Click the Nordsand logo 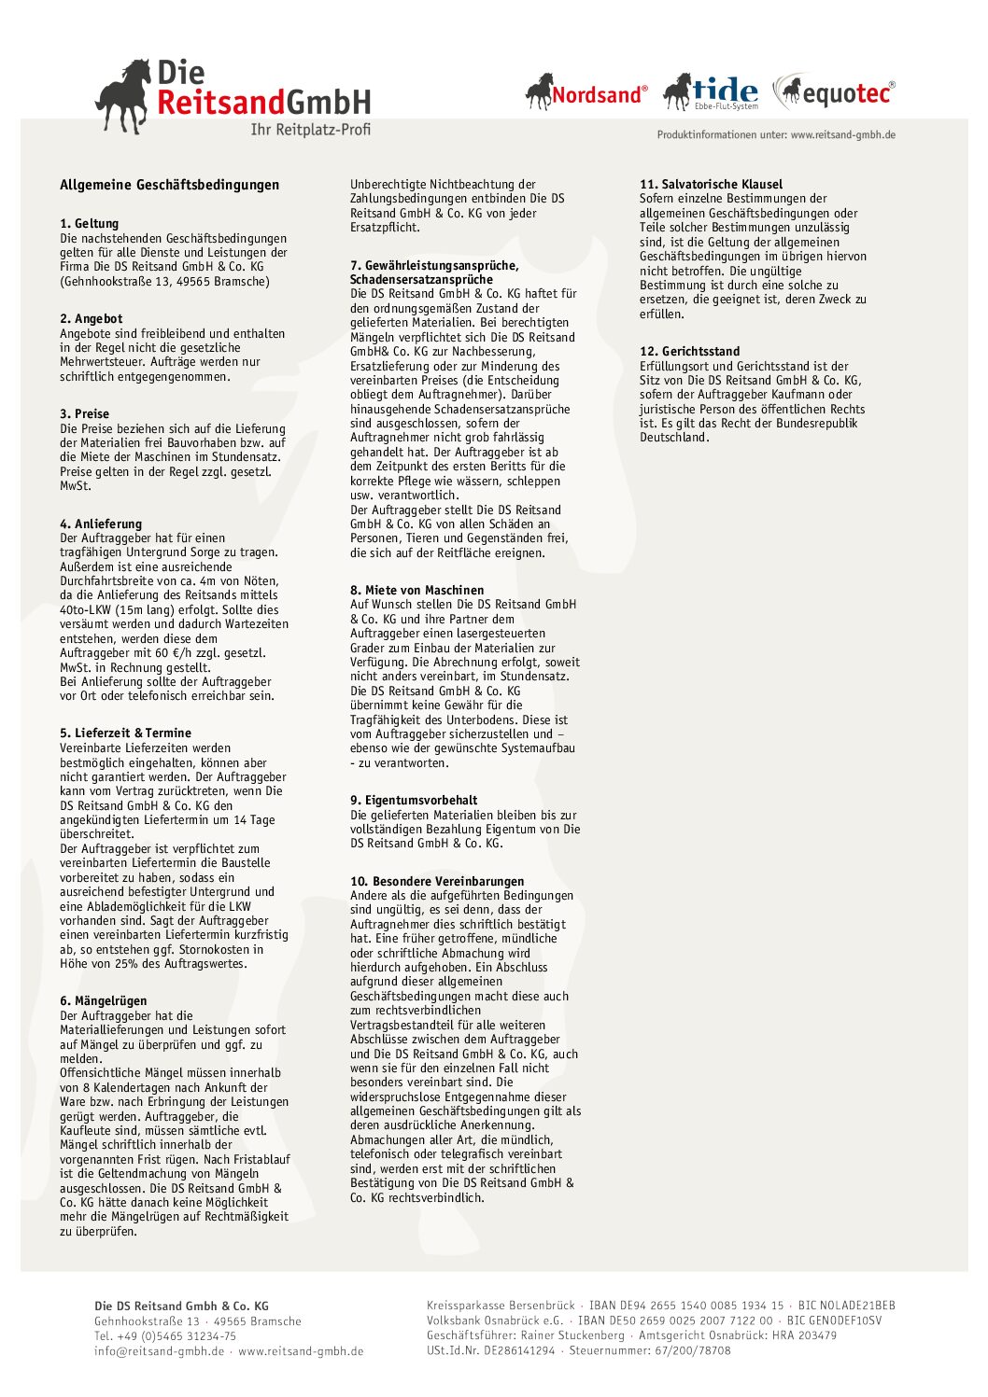(x=586, y=92)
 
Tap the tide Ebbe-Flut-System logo (x=711, y=92)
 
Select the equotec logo (x=835, y=91)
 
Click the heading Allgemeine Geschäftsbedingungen (x=169, y=185)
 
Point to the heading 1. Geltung (x=90, y=224)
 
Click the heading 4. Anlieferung (x=101, y=524)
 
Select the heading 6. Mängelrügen (x=103, y=1000)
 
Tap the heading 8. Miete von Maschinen (x=416, y=590)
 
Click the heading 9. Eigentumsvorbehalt (x=413, y=800)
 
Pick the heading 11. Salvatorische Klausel (x=711, y=185)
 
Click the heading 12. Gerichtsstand (x=689, y=351)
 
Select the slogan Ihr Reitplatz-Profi (x=310, y=130)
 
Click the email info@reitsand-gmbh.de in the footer (x=159, y=1350)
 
